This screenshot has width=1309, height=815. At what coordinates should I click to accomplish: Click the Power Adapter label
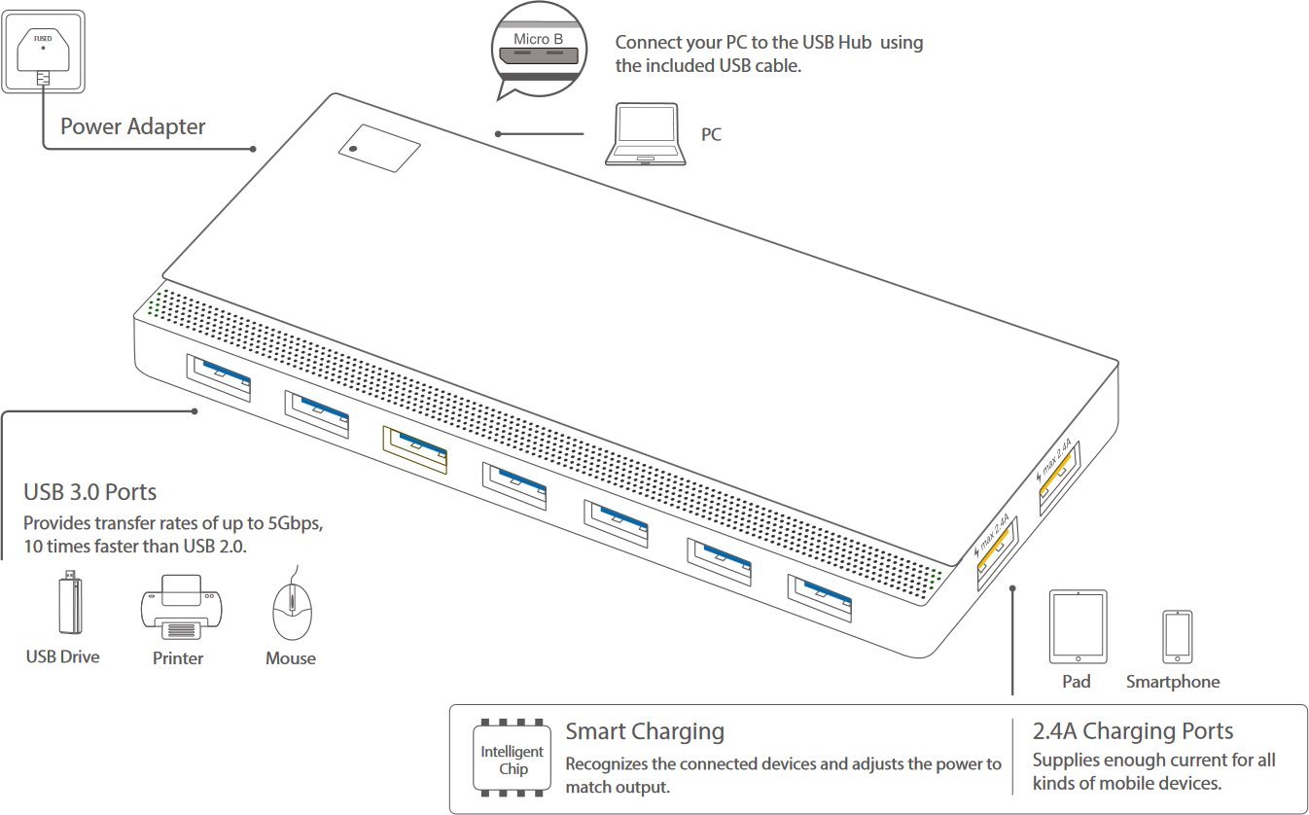[x=133, y=126]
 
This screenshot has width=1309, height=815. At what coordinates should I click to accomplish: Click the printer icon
[x=178, y=607]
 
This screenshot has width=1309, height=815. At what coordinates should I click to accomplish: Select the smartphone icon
[x=1176, y=637]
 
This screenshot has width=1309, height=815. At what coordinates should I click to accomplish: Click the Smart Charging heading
[x=645, y=731]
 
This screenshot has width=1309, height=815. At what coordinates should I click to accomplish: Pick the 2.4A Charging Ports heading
[x=1132, y=731]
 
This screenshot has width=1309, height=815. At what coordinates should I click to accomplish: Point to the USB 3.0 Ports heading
[x=89, y=492]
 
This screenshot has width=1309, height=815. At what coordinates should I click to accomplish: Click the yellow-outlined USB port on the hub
[x=415, y=449]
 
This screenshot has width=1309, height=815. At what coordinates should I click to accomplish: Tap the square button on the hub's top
[x=379, y=148]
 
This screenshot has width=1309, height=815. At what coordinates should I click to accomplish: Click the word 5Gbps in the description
[x=289, y=523]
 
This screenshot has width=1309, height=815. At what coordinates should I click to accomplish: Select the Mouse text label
[x=290, y=658]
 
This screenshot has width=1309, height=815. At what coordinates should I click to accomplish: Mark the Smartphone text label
[x=1172, y=682]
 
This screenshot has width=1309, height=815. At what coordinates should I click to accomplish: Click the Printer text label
[x=178, y=658]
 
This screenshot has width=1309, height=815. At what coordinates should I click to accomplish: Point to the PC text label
[x=711, y=135]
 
